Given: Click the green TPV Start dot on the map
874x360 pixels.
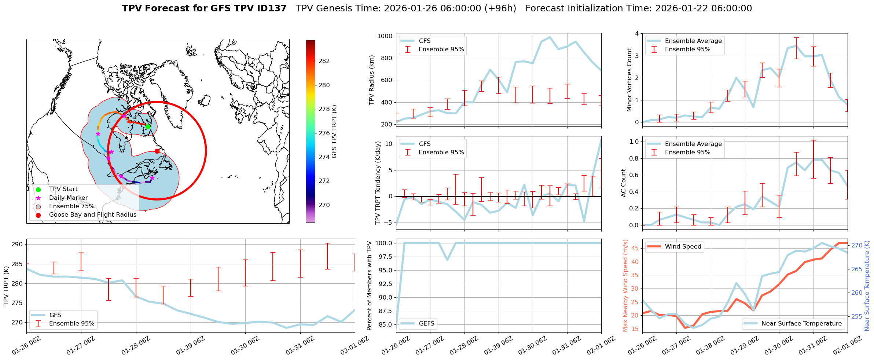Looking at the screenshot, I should click(148, 126).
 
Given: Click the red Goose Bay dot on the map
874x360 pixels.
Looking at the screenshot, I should click(157, 151).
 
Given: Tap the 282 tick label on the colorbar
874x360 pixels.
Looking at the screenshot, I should click(324, 61).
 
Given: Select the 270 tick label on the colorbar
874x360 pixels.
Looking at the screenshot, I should click(324, 205).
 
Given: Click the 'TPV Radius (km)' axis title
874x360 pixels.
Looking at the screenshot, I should click(372, 80).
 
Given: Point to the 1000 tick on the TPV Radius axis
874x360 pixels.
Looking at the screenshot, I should click(385, 36).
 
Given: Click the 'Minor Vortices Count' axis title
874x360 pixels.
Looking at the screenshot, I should click(629, 80).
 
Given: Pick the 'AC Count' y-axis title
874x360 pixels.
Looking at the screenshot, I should click(624, 183).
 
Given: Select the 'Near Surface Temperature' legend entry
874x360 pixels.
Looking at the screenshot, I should click(801, 323).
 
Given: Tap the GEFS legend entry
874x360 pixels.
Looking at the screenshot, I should click(426, 323).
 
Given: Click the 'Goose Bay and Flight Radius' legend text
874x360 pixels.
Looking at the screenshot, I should click(92, 215).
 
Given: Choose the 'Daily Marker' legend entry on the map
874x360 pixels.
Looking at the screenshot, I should click(68, 198).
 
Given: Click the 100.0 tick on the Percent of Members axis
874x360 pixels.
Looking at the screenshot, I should click(383, 243).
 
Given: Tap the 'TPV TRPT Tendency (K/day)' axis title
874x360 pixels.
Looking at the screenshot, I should click(378, 183).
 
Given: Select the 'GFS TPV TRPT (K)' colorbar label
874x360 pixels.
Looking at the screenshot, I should click(334, 131).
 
